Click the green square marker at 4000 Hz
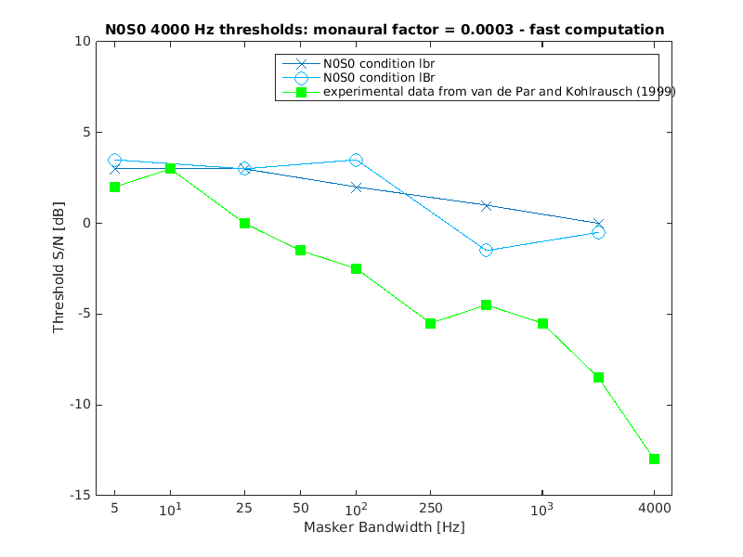click(x=654, y=459)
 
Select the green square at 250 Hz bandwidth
click(x=430, y=323)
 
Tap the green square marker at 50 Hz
click(x=300, y=251)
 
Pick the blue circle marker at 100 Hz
click(x=356, y=161)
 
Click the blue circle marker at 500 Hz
click(x=486, y=251)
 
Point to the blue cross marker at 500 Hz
click(x=486, y=205)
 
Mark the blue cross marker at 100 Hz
click(x=356, y=188)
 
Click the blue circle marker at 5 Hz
click(x=114, y=161)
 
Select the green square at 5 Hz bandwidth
click(x=114, y=188)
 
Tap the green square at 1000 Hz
click(x=542, y=323)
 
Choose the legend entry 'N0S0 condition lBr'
click(x=379, y=78)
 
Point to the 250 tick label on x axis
click(x=430, y=509)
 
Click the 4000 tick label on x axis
click(x=654, y=509)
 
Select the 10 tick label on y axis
click(x=82, y=42)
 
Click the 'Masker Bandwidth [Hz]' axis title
click(x=384, y=527)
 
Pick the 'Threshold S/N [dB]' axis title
click(x=59, y=269)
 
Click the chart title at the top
click(x=385, y=30)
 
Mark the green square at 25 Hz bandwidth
click(x=244, y=224)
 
